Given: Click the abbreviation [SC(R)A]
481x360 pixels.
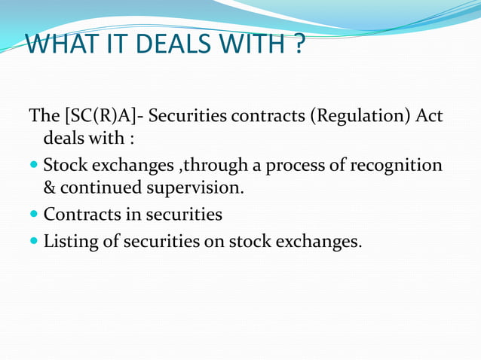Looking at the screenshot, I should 101,117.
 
